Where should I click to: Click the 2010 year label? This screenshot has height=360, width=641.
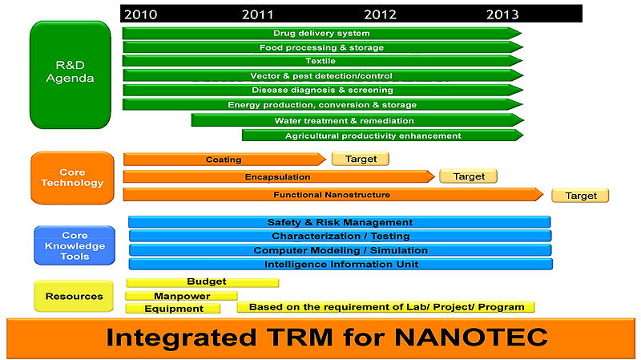point(140,14)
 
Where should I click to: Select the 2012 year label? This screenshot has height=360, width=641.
point(380,14)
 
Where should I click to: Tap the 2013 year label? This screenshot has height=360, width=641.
point(502,14)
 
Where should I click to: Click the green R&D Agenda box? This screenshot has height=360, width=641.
point(69,74)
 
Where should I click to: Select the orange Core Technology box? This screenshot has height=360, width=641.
point(72,177)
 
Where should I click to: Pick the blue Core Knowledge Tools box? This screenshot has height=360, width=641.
point(75,245)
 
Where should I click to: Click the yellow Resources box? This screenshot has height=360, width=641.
point(74,296)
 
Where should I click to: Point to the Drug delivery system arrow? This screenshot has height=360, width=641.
point(320,33)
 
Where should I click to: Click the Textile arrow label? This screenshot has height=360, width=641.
point(320,61)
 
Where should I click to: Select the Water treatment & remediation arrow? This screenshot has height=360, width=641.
point(345,120)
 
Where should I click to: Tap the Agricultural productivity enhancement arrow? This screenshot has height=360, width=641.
point(373,136)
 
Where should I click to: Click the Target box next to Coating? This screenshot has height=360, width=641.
point(360,159)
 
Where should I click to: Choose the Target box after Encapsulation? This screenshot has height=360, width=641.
point(468,176)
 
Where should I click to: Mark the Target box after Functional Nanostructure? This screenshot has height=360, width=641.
point(580,196)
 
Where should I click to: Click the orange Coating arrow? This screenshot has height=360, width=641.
point(223,160)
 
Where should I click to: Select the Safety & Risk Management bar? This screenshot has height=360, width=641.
point(340,222)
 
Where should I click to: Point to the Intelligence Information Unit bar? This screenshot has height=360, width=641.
point(341,264)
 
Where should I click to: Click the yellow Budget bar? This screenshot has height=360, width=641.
point(203,282)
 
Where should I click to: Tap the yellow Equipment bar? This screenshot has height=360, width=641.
point(174,308)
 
